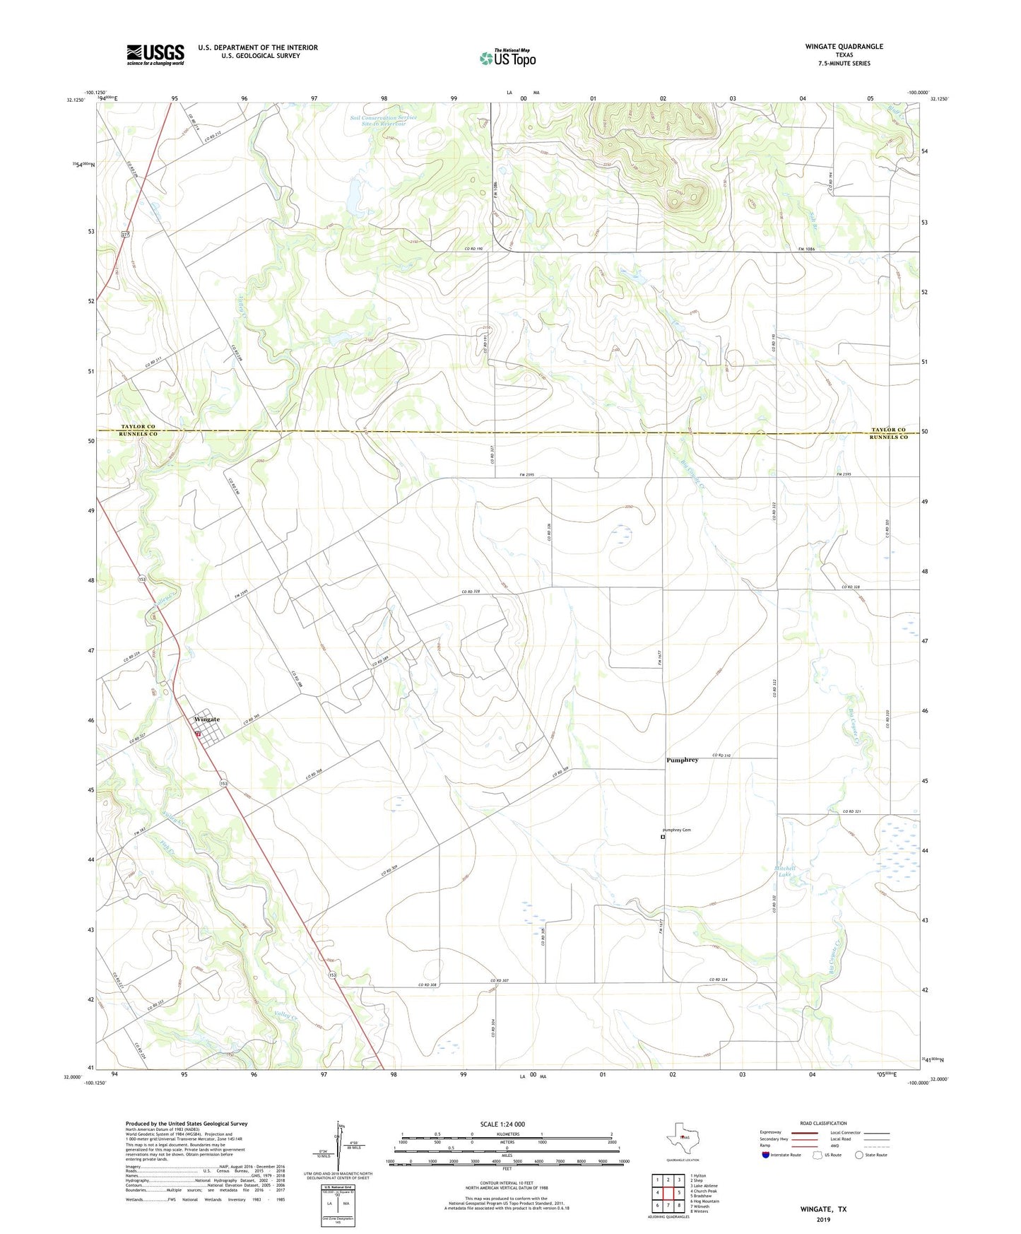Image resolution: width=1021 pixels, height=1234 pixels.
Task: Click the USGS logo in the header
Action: tap(155, 54)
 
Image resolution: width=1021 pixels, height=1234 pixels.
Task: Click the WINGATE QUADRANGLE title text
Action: tap(844, 47)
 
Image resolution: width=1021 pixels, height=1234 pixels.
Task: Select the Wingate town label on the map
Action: tap(207, 719)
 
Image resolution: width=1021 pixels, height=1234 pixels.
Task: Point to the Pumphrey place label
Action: tap(682, 760)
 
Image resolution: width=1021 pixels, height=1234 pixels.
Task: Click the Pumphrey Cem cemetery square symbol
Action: tap(663, 837)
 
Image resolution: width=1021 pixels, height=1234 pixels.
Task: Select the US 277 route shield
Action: tap(125, 234)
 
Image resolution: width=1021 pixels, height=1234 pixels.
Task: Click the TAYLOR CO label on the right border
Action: tap(888, 430)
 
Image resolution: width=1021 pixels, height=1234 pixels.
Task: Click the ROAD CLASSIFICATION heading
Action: tap(823, 1123)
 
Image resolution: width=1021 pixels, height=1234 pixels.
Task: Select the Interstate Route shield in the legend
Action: tap(765, 1155)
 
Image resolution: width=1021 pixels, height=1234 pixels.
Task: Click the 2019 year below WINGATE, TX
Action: tap(823, 1219)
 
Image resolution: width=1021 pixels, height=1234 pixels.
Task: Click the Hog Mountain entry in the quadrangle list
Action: tap(704, 1201)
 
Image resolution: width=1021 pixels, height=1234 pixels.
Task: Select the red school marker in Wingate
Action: tap(199, 734)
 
